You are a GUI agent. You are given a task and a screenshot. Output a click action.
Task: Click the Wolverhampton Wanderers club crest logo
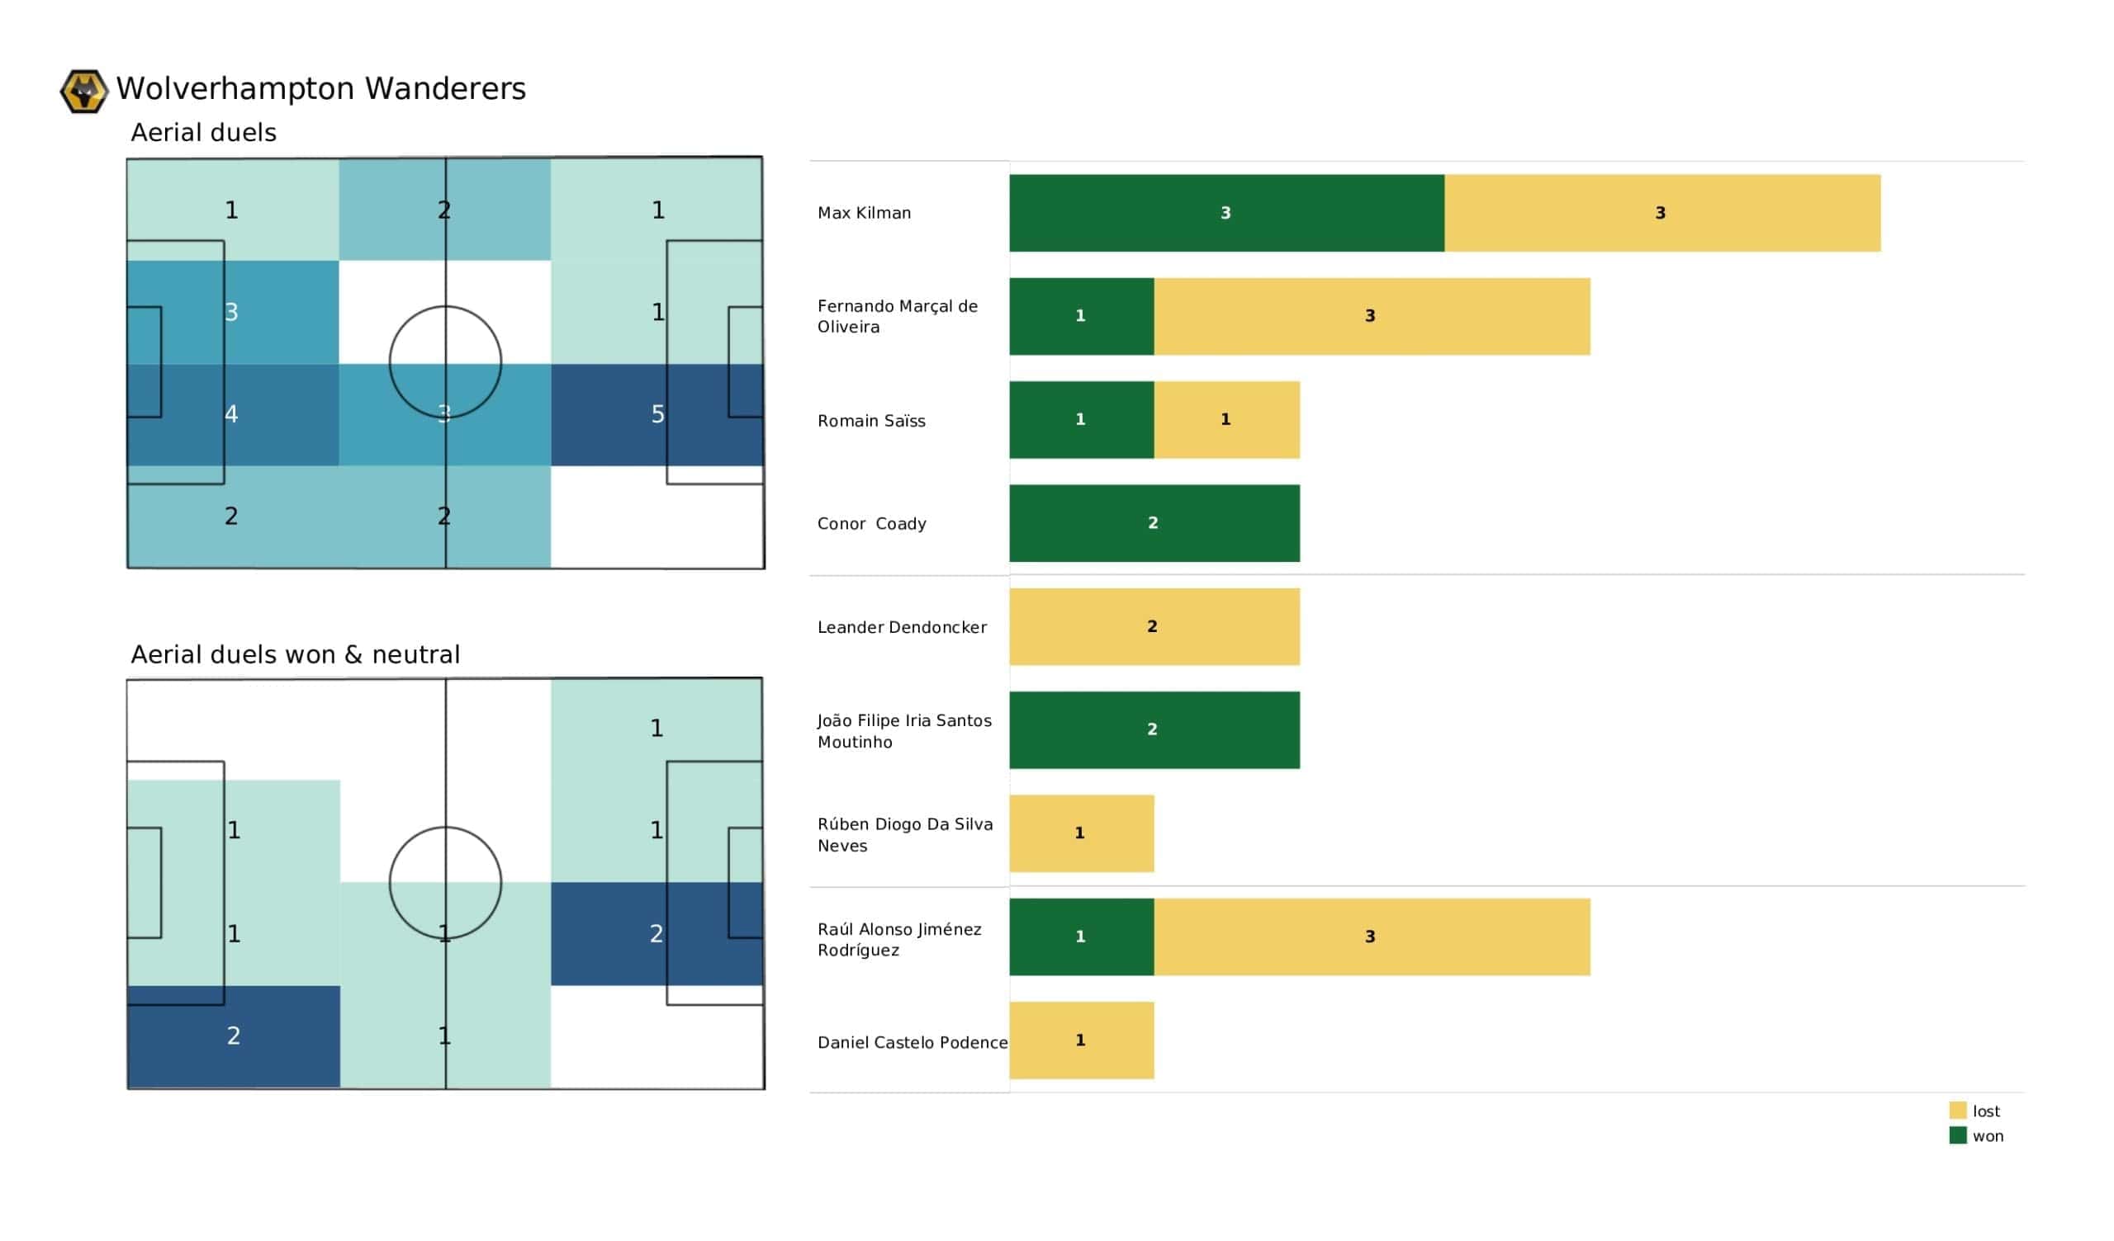[x=84, y=91]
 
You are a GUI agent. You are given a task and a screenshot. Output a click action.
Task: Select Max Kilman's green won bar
[x=1225, y=213]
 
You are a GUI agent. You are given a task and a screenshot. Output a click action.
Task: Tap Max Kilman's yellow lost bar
[x=1661, y=213]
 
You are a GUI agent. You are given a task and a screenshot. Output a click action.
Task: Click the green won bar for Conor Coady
[x=1154, y=523]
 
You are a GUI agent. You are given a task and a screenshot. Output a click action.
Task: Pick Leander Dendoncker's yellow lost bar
[x=1154, y=626]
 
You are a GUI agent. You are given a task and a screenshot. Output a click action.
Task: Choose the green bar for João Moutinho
[x=1154, y=729]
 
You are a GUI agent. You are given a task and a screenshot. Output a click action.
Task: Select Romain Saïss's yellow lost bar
[x=1226, y=419]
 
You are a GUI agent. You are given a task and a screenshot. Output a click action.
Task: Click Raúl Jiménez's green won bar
[x=1080, y=937]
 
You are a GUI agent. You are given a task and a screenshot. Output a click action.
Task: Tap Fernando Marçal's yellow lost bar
[x=1371, y=316]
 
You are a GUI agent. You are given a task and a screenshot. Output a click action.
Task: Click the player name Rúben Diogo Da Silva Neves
[x=904, y=834]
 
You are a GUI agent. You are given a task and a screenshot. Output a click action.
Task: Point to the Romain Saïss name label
[x=870, y=421]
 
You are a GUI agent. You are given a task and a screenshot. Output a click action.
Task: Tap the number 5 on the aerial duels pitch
[x=657, y=414]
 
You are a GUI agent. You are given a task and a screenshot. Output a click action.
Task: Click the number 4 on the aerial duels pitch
[x=231, y=414]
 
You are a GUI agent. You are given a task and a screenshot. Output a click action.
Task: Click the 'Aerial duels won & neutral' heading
[x=296, y=654]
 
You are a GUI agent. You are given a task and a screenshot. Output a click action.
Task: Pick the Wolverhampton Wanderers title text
[x=320, y=89]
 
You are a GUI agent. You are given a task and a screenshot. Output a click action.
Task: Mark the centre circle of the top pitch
[x=445, y=362]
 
